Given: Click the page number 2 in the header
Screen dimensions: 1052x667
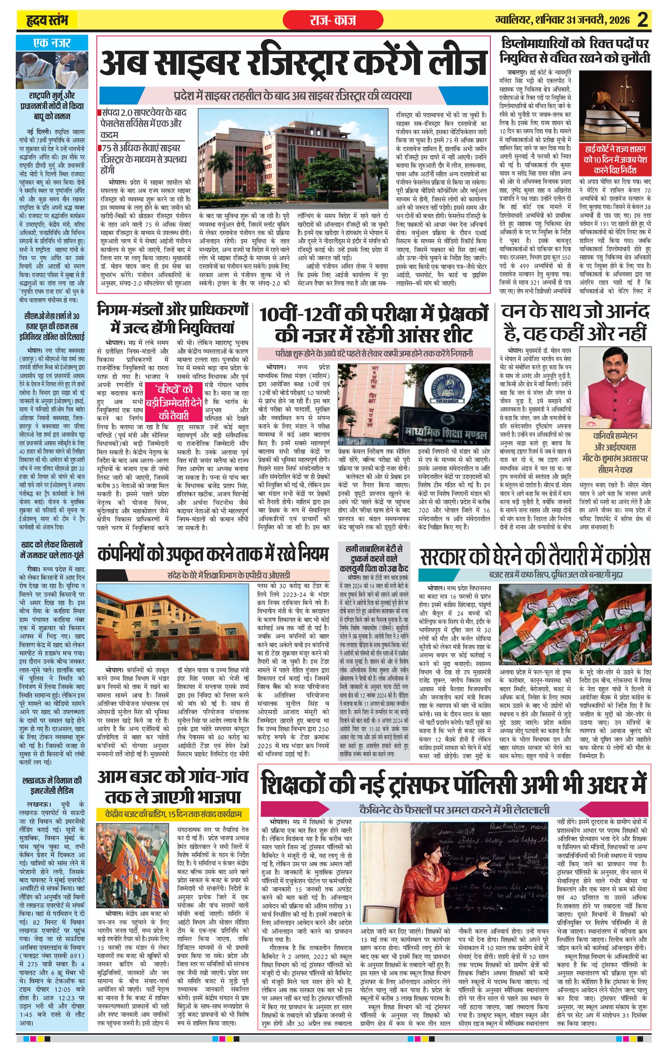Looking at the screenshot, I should [x=642, y=20].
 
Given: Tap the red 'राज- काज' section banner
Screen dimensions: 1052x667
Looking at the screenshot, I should [x=333, y=20].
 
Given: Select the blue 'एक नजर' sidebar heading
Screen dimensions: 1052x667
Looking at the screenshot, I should [x=52, y=43].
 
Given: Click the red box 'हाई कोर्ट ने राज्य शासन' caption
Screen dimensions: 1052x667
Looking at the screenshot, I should [x=615, y=159].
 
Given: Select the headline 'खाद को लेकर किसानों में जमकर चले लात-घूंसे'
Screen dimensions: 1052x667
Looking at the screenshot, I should [x=52, y=550].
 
